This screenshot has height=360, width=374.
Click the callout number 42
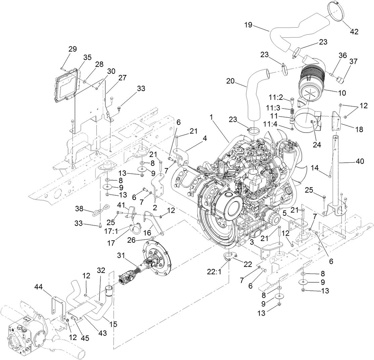pos(354,32)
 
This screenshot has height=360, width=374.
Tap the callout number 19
pos(248,25)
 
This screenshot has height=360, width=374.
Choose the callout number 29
pos(73,49)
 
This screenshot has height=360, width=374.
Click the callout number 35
pos(88,57)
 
